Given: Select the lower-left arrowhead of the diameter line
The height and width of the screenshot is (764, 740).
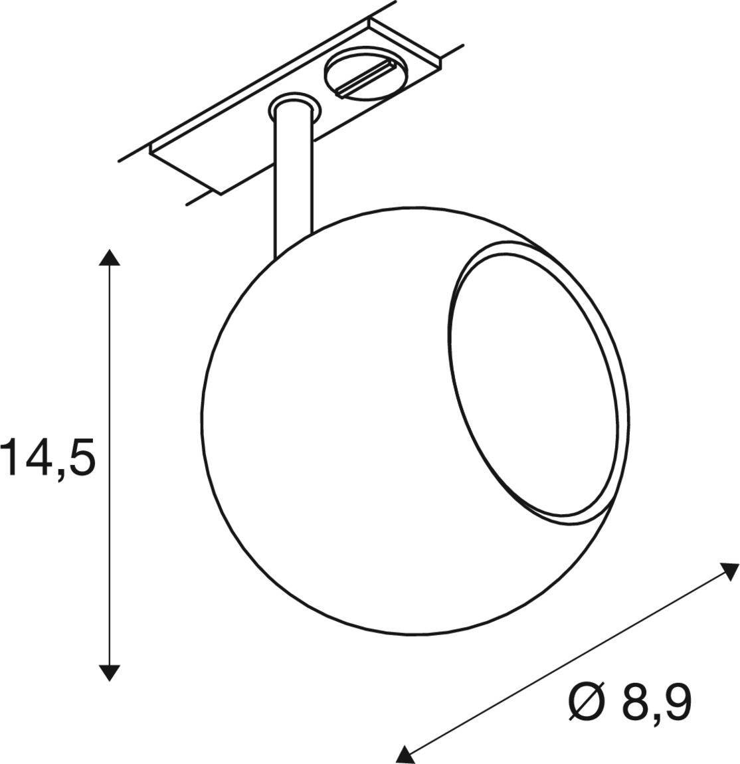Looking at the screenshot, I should pyautogui.click(x=404, y=753).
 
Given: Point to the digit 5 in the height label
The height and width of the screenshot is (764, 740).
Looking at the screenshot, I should pyautogui.click(x=80, y=456).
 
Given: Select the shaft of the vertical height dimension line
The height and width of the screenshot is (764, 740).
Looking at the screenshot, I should pyautogui.click(x=109, y=465).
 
